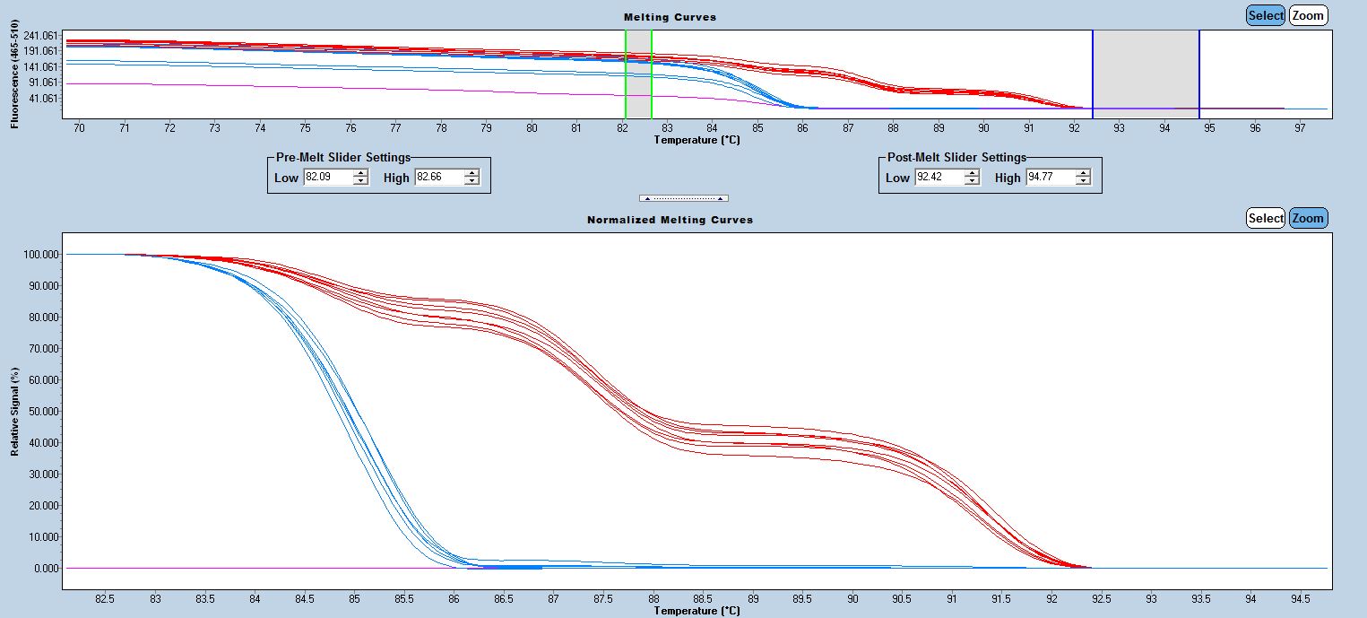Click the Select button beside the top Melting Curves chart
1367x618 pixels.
pyautogui.click(x=1266, y=15)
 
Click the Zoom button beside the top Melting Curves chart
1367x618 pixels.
pyautogui.click(x=1308, y=15)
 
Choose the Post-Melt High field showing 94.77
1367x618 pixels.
pyautogui.click(x=1050, y=178)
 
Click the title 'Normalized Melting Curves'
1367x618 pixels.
pyautogui.click(x=670, y=220)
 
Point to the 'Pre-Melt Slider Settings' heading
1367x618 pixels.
pyautogui.click(x=342, y=157)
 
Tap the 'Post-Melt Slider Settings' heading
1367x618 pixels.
pyautogui.click(x=956, y=157)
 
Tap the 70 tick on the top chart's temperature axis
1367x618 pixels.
pyautogui.click(x=79, y=128)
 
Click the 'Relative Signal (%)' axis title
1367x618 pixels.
pyautogui.click(x=15, y=411)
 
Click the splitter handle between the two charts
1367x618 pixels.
pyautogui.click(x=683, y=198)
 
